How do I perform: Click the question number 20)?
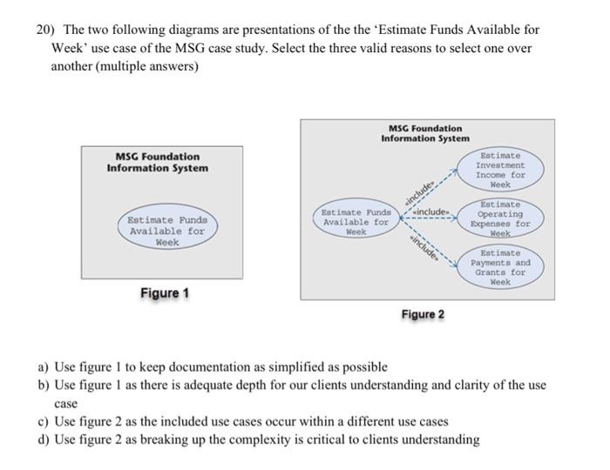[45, 30]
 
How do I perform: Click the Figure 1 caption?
[165, 293]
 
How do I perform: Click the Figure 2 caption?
[423, 313]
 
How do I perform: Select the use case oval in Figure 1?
[166, 232]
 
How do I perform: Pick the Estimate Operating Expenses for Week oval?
[500, 218]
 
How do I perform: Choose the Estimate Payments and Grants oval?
[500, 267]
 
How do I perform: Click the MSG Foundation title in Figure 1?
[157, 162]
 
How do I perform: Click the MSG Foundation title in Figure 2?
[425, 133]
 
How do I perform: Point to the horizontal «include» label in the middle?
[433, 211]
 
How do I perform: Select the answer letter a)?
[43, 367]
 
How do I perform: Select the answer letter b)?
[43, 385]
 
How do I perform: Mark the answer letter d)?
[43, 440]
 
